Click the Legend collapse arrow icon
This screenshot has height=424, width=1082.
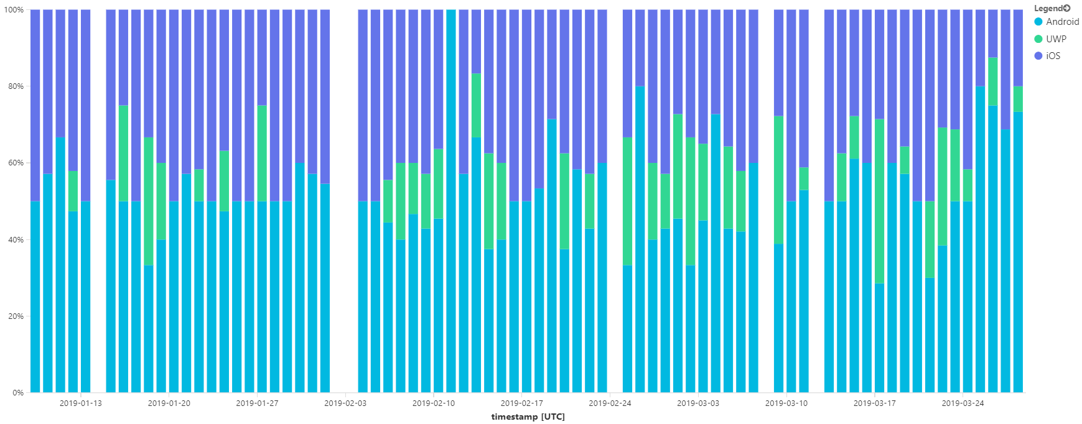[1067, 8]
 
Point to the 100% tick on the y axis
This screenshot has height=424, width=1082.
[14, 10]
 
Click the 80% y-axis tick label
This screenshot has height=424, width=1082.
[16, 86]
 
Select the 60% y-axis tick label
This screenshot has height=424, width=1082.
[16, 163]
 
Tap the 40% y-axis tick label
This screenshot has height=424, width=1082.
[16, 239]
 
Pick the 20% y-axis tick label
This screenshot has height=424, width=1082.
[16, 316]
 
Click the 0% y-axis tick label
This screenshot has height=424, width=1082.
[17, 392]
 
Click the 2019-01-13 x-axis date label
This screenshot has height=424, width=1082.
[80, 403]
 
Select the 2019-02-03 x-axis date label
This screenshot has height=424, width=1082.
[345, 403]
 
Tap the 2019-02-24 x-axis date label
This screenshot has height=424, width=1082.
[610, 403]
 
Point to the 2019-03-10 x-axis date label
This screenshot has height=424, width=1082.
[786, 403]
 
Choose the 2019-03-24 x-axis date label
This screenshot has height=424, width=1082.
[963, 403]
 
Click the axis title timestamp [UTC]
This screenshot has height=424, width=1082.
[528, 417]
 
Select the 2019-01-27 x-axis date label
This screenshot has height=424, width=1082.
[257, 403]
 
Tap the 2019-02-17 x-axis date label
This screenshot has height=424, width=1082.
[521, 403]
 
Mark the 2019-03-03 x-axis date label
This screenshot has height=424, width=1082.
[698, 403]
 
